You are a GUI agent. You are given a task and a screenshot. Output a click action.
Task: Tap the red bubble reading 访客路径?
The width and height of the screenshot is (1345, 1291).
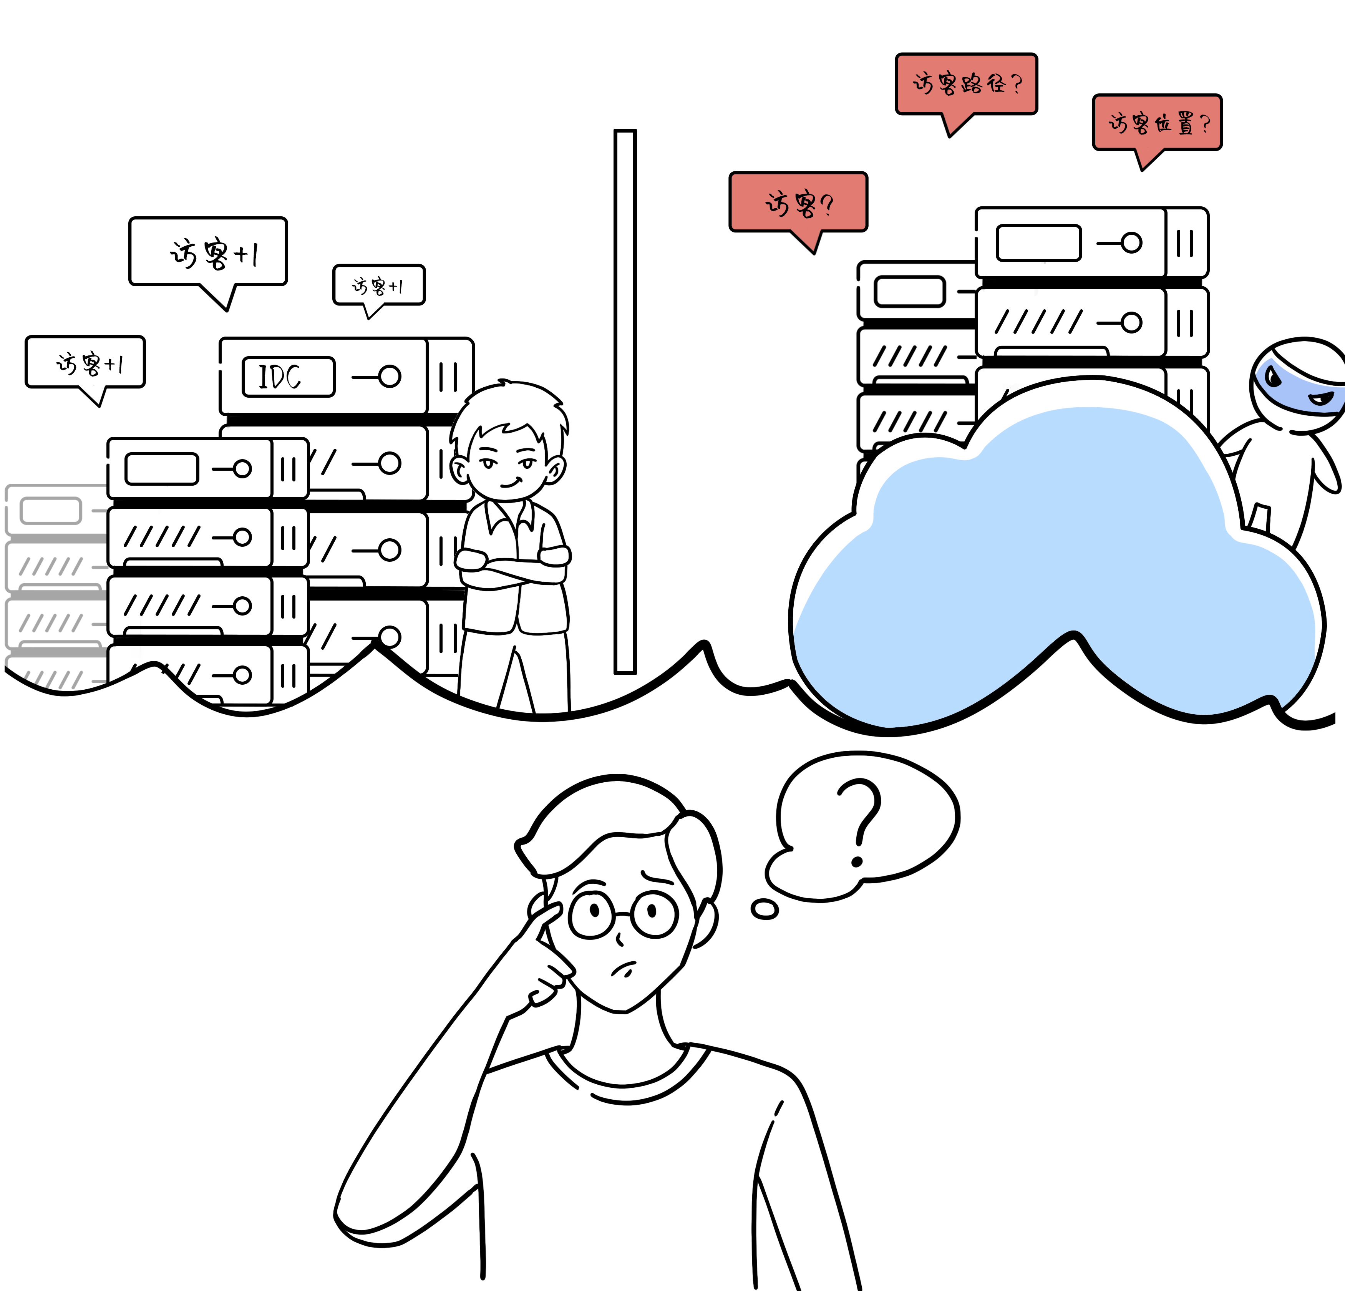[x=966, y=84]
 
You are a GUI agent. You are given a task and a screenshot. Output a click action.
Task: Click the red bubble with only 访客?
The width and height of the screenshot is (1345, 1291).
[x=798, y=202]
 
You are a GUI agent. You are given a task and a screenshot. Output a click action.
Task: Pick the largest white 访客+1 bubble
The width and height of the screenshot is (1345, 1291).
[x=208, y=252]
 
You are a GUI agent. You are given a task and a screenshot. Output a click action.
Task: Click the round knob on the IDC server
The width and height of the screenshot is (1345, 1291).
[x=389, y=376]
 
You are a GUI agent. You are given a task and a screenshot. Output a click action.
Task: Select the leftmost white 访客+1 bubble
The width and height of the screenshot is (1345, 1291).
[x=85, y=362]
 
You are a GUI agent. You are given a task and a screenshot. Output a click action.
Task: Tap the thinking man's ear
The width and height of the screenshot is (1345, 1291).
[x=705, y=923]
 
